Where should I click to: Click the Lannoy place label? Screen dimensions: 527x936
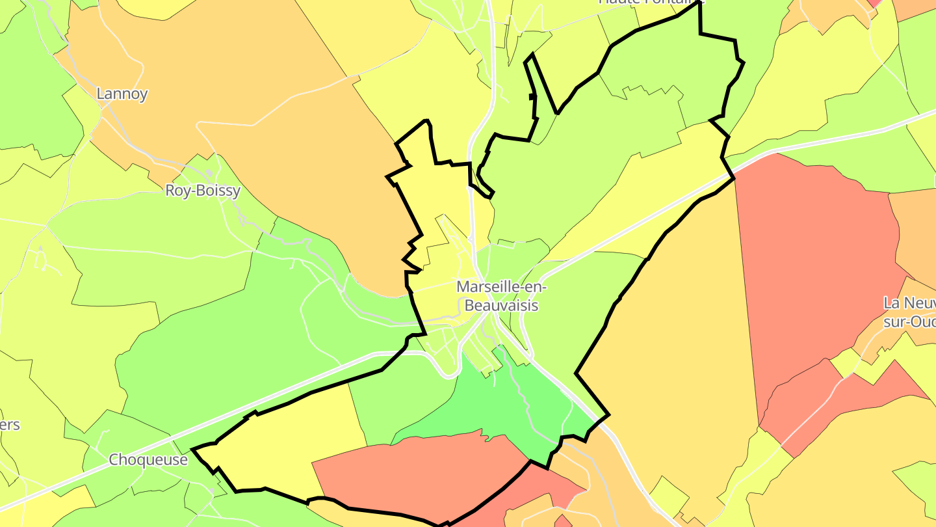click(122, 94)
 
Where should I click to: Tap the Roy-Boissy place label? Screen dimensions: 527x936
click(203, 191)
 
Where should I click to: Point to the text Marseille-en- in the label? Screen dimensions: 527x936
click(502, 287)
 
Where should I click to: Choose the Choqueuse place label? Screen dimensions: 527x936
click(148, 460)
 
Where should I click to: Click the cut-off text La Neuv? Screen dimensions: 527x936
click(909, 303)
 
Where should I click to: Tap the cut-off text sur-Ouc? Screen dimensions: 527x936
click(909, 321)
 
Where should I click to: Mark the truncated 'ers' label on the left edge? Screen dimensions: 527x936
click(10, 426)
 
